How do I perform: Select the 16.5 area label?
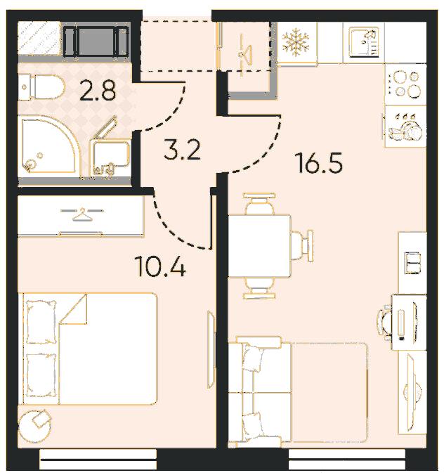point(320,162)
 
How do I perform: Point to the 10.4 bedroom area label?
point(161,266)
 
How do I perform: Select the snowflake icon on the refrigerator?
point(296,42)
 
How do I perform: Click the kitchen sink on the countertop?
point(364,41)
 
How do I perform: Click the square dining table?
point(259,245)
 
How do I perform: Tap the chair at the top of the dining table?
point(259,203)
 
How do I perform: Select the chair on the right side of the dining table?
point(302,245)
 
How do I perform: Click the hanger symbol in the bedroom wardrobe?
point(82,214)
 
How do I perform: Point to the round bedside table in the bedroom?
point(34,426)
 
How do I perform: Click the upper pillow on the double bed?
point(41,322)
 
